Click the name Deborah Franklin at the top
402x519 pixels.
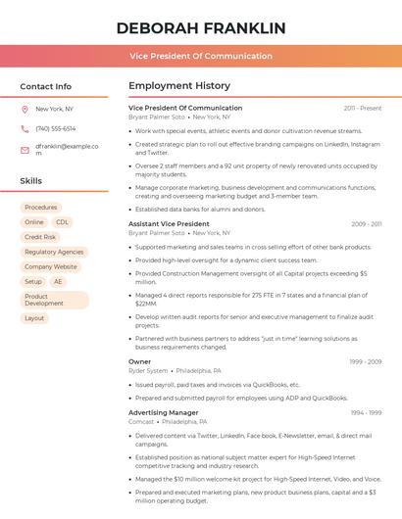(x=201, y=27)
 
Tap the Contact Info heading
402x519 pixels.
(x=46, y=86)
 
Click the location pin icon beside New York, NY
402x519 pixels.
(x=25, y=109)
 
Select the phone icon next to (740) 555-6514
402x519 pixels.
(x=25, y=128)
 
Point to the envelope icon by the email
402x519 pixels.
(x=25, y=150)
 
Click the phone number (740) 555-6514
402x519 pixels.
(x=55, y=128)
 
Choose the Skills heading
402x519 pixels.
(x=31, y=181)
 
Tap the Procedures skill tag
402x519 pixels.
(x=41, y=208)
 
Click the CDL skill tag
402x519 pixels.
(x=62, y=222)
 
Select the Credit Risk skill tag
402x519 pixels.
(x=40, y=237)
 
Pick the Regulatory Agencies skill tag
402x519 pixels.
(x=54, y=252)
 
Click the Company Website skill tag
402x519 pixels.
(x=51, y=266)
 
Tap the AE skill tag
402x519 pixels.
(x=58, y=281)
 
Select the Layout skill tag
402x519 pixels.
(x=34, y=318)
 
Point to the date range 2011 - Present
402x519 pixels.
(x=362, y=108)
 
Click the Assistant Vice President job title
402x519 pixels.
(x=169, y=224)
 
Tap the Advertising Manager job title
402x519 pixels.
(x=163, y=412)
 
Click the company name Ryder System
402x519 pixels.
(x=148, y=371)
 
